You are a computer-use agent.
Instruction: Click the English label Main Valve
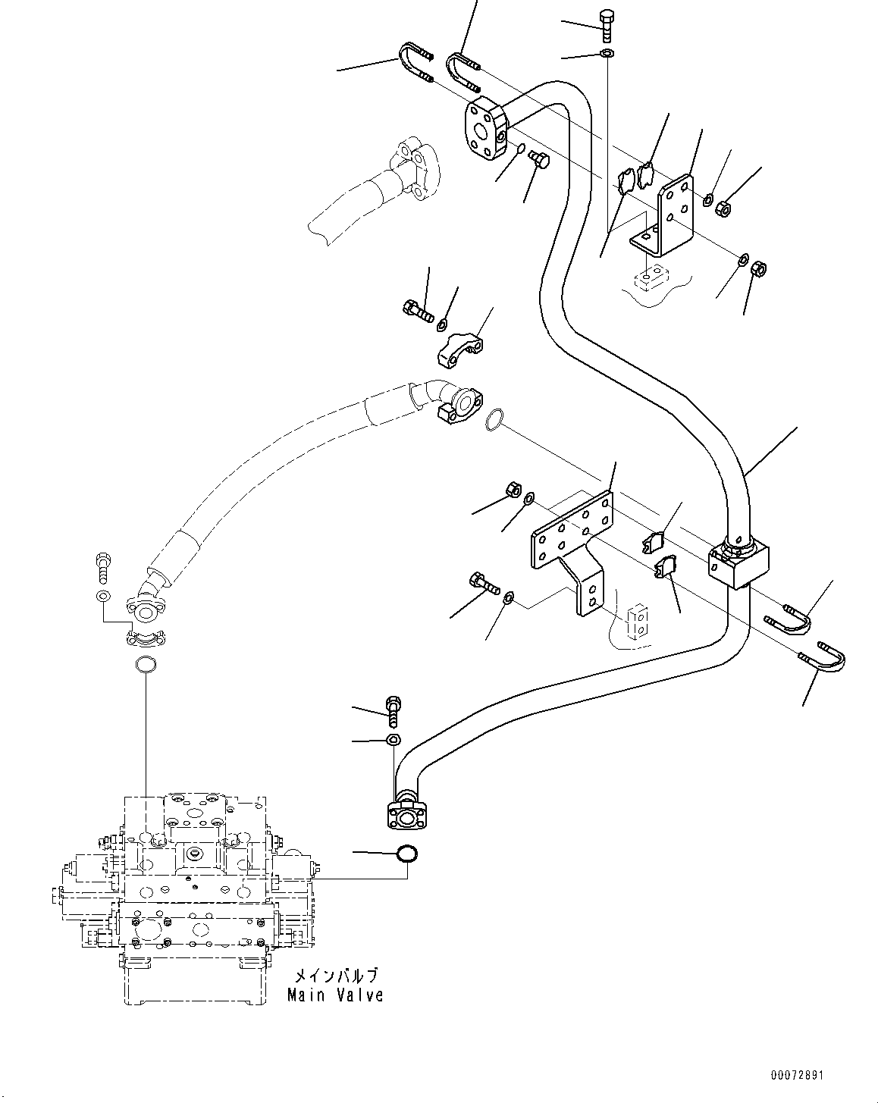335,995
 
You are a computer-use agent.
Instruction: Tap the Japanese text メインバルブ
335,976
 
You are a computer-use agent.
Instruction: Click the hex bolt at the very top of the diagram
607,26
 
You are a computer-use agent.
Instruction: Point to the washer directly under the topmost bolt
607,53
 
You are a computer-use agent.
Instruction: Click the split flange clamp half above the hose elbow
462,349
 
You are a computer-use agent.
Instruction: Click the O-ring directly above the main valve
144,666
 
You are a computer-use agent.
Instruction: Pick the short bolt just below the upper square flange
540,160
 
